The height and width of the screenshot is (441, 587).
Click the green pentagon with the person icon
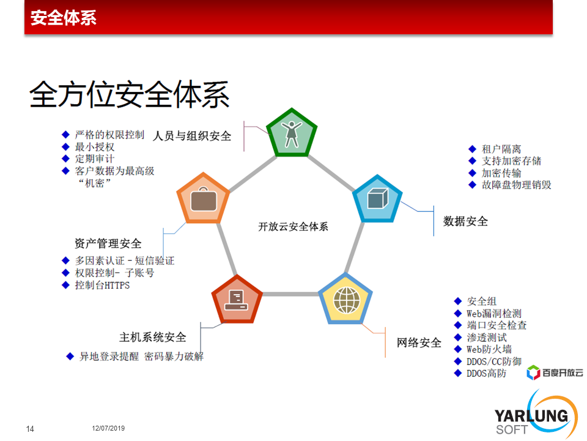click(x=292, y=133)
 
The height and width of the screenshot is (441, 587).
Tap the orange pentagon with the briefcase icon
click(x=203, y=198)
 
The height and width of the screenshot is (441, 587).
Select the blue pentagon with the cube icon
click(x=377, y=198)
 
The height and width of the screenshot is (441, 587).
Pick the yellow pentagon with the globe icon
click(x=345, y=299)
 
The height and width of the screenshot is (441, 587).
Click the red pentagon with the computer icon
click(x=237, y=300)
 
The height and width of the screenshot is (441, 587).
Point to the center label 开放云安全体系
click(x=293, y=227)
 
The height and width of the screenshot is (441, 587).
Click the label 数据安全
click(x=465, y=221)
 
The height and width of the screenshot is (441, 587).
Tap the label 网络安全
click(x=419, y=342)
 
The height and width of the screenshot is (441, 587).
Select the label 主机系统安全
click(x=153, y=337)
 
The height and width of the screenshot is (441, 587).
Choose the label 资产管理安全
click(x=108, y=243)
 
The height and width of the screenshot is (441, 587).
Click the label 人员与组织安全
click(x=191, y=136)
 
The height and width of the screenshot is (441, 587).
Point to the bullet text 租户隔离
click(x=501, y=149)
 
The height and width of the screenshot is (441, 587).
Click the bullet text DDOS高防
click(x=486, y=373)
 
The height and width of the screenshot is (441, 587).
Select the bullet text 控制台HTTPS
click(x=102, y=285)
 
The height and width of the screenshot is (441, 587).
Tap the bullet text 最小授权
click(x=95, y=146)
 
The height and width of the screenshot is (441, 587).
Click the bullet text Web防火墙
click(x=489, y=349)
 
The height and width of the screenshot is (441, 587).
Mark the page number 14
click(x=30, y=429)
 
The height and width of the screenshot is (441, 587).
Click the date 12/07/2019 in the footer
click(x=108, y=428)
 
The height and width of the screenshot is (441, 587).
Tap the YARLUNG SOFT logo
click(x=536, y=415)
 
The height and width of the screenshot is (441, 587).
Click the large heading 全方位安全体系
click(x=129, y=94)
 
